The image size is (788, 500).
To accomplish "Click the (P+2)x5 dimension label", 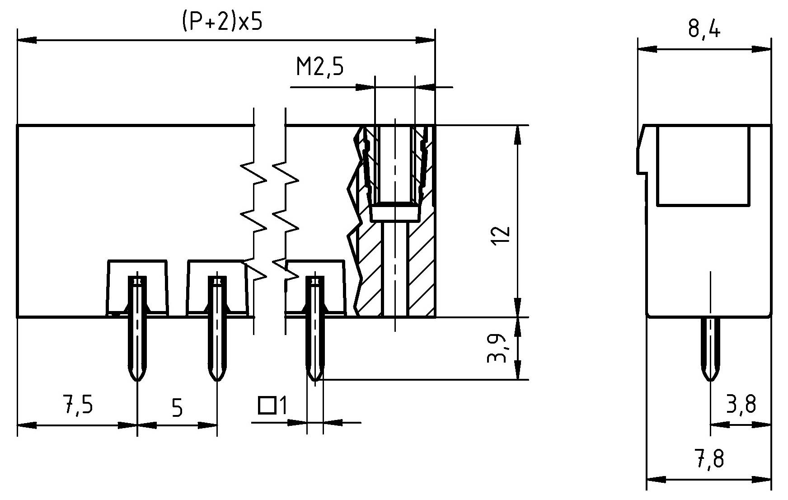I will point(222,23).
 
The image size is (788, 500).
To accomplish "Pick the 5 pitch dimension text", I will point(178,408).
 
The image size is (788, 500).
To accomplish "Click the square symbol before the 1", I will point(267,406).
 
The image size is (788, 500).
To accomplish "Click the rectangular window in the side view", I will point(703,165).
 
